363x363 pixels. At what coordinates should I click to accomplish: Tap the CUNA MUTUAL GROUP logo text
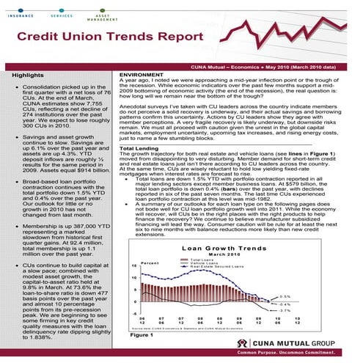click(316, 342)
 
